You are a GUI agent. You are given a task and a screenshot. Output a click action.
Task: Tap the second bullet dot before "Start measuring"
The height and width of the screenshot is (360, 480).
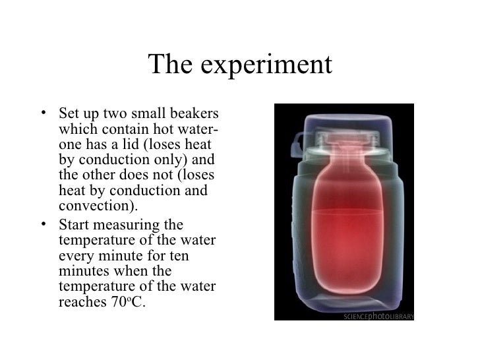43,224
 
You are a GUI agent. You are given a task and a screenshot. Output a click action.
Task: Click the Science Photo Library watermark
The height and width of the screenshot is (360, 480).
378,316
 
